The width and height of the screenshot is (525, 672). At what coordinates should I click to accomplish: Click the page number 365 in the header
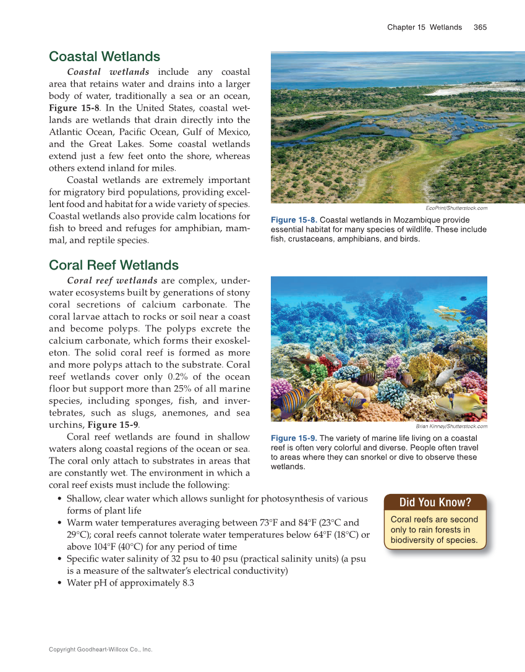(480, 27)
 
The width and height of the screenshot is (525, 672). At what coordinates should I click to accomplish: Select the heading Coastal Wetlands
(105, 57)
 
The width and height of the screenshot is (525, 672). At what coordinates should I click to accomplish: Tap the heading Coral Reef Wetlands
(114, 265)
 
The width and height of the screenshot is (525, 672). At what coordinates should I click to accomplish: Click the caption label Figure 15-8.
(294, 220)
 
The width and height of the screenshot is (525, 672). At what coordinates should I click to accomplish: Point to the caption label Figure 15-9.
(294, 438)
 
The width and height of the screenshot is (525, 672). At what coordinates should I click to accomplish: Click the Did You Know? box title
(435, 502)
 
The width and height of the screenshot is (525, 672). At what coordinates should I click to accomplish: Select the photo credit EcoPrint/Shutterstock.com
(457, 208)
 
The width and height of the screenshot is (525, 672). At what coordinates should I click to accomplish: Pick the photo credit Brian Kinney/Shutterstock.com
(451, 426)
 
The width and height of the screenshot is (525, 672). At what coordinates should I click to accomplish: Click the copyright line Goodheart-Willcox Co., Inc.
(100, 650)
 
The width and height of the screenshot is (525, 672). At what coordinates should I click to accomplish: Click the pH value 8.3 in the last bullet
(188, 583)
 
